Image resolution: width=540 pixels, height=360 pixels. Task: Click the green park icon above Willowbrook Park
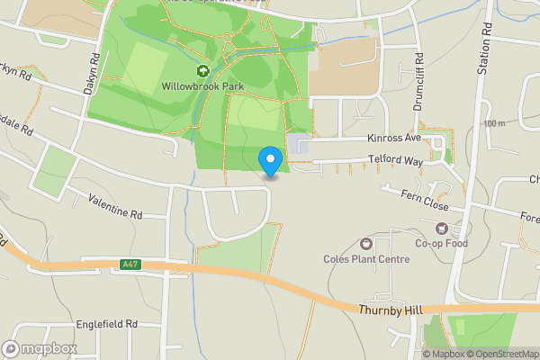[x=203, y=71]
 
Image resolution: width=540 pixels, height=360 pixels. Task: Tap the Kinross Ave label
[x=394, y=139]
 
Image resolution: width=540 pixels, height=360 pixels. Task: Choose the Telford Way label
[x=395, y=160]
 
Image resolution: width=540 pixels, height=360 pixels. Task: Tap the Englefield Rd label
[x=106, y=323]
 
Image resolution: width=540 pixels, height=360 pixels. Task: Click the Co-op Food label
[x=442, y=243]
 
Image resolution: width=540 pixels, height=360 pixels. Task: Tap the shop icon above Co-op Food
[x=442, y=228]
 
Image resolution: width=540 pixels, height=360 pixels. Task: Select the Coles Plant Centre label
[x=366, y=259]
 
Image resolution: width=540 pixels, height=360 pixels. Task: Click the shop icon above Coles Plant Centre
[x=366, y=244]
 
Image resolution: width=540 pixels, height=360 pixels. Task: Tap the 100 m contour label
[x=494, y=123]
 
